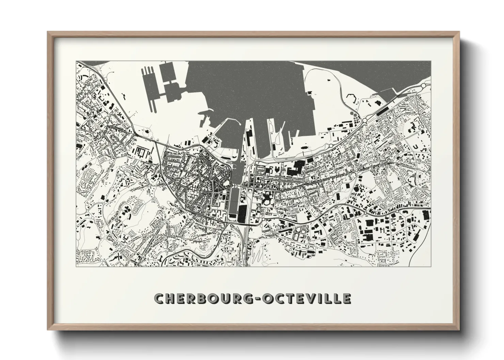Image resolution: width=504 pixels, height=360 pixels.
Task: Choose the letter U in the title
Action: point(226,298)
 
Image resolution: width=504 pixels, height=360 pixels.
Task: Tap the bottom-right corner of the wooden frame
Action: point(458,330)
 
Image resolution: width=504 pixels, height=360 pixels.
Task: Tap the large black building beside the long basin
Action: point(242,214)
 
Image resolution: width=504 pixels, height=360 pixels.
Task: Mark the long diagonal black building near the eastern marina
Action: point(385,110)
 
